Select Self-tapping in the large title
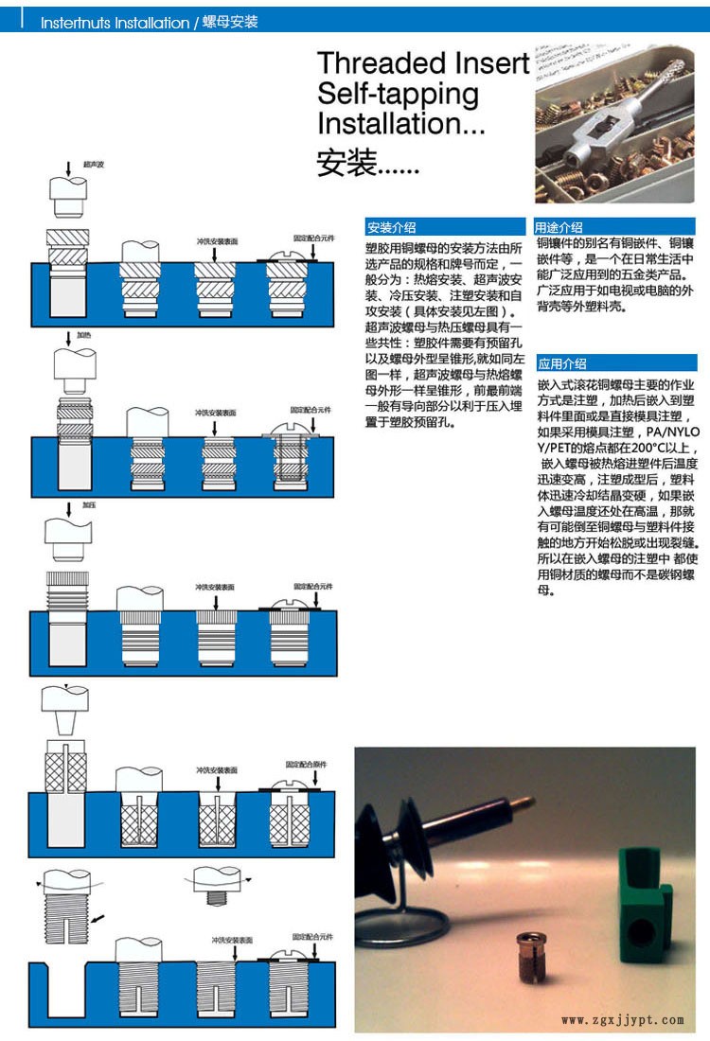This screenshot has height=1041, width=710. (398, 94)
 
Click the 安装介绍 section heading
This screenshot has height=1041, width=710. (391, 227)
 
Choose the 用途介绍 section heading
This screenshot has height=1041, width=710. (559, 227)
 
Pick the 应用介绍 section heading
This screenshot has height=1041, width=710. (562, 363)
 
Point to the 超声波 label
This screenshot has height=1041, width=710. (93, 165)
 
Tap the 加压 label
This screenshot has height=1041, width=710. (89, 505)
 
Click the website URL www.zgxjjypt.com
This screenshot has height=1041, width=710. (622, 1019)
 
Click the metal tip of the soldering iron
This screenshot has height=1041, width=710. (519, 803)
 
